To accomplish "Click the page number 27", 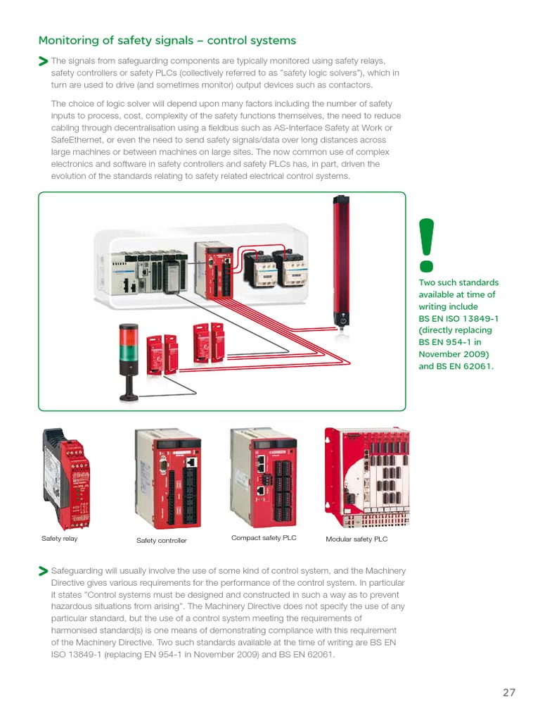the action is coord(509,693).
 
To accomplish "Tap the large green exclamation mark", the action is coord(427,245).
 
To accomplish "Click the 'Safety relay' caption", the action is coord(59,539).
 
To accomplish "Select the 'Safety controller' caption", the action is coord(162,540).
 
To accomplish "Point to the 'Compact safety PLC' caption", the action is coord(264,537).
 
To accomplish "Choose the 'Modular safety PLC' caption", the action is coord(356,539).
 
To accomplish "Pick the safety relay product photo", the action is coord(66,479).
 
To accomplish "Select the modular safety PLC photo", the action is coord(367,477).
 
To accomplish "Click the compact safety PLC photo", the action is coord(264,477).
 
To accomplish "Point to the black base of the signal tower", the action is coord(129,396).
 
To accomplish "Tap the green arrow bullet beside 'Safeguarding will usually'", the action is coord(43,571).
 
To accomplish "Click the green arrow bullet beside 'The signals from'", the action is coord(43,61).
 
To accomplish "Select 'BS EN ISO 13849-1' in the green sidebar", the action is coord(458,318).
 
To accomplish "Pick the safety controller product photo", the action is coord(168,479).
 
